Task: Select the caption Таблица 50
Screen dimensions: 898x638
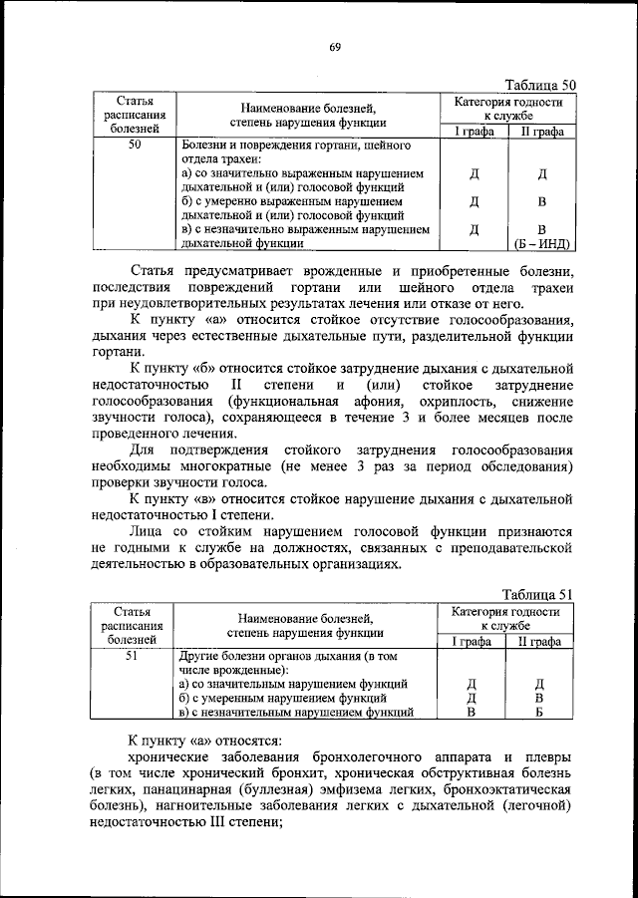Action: click(539, 85)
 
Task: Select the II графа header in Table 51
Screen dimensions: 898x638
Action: click(539, 642)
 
